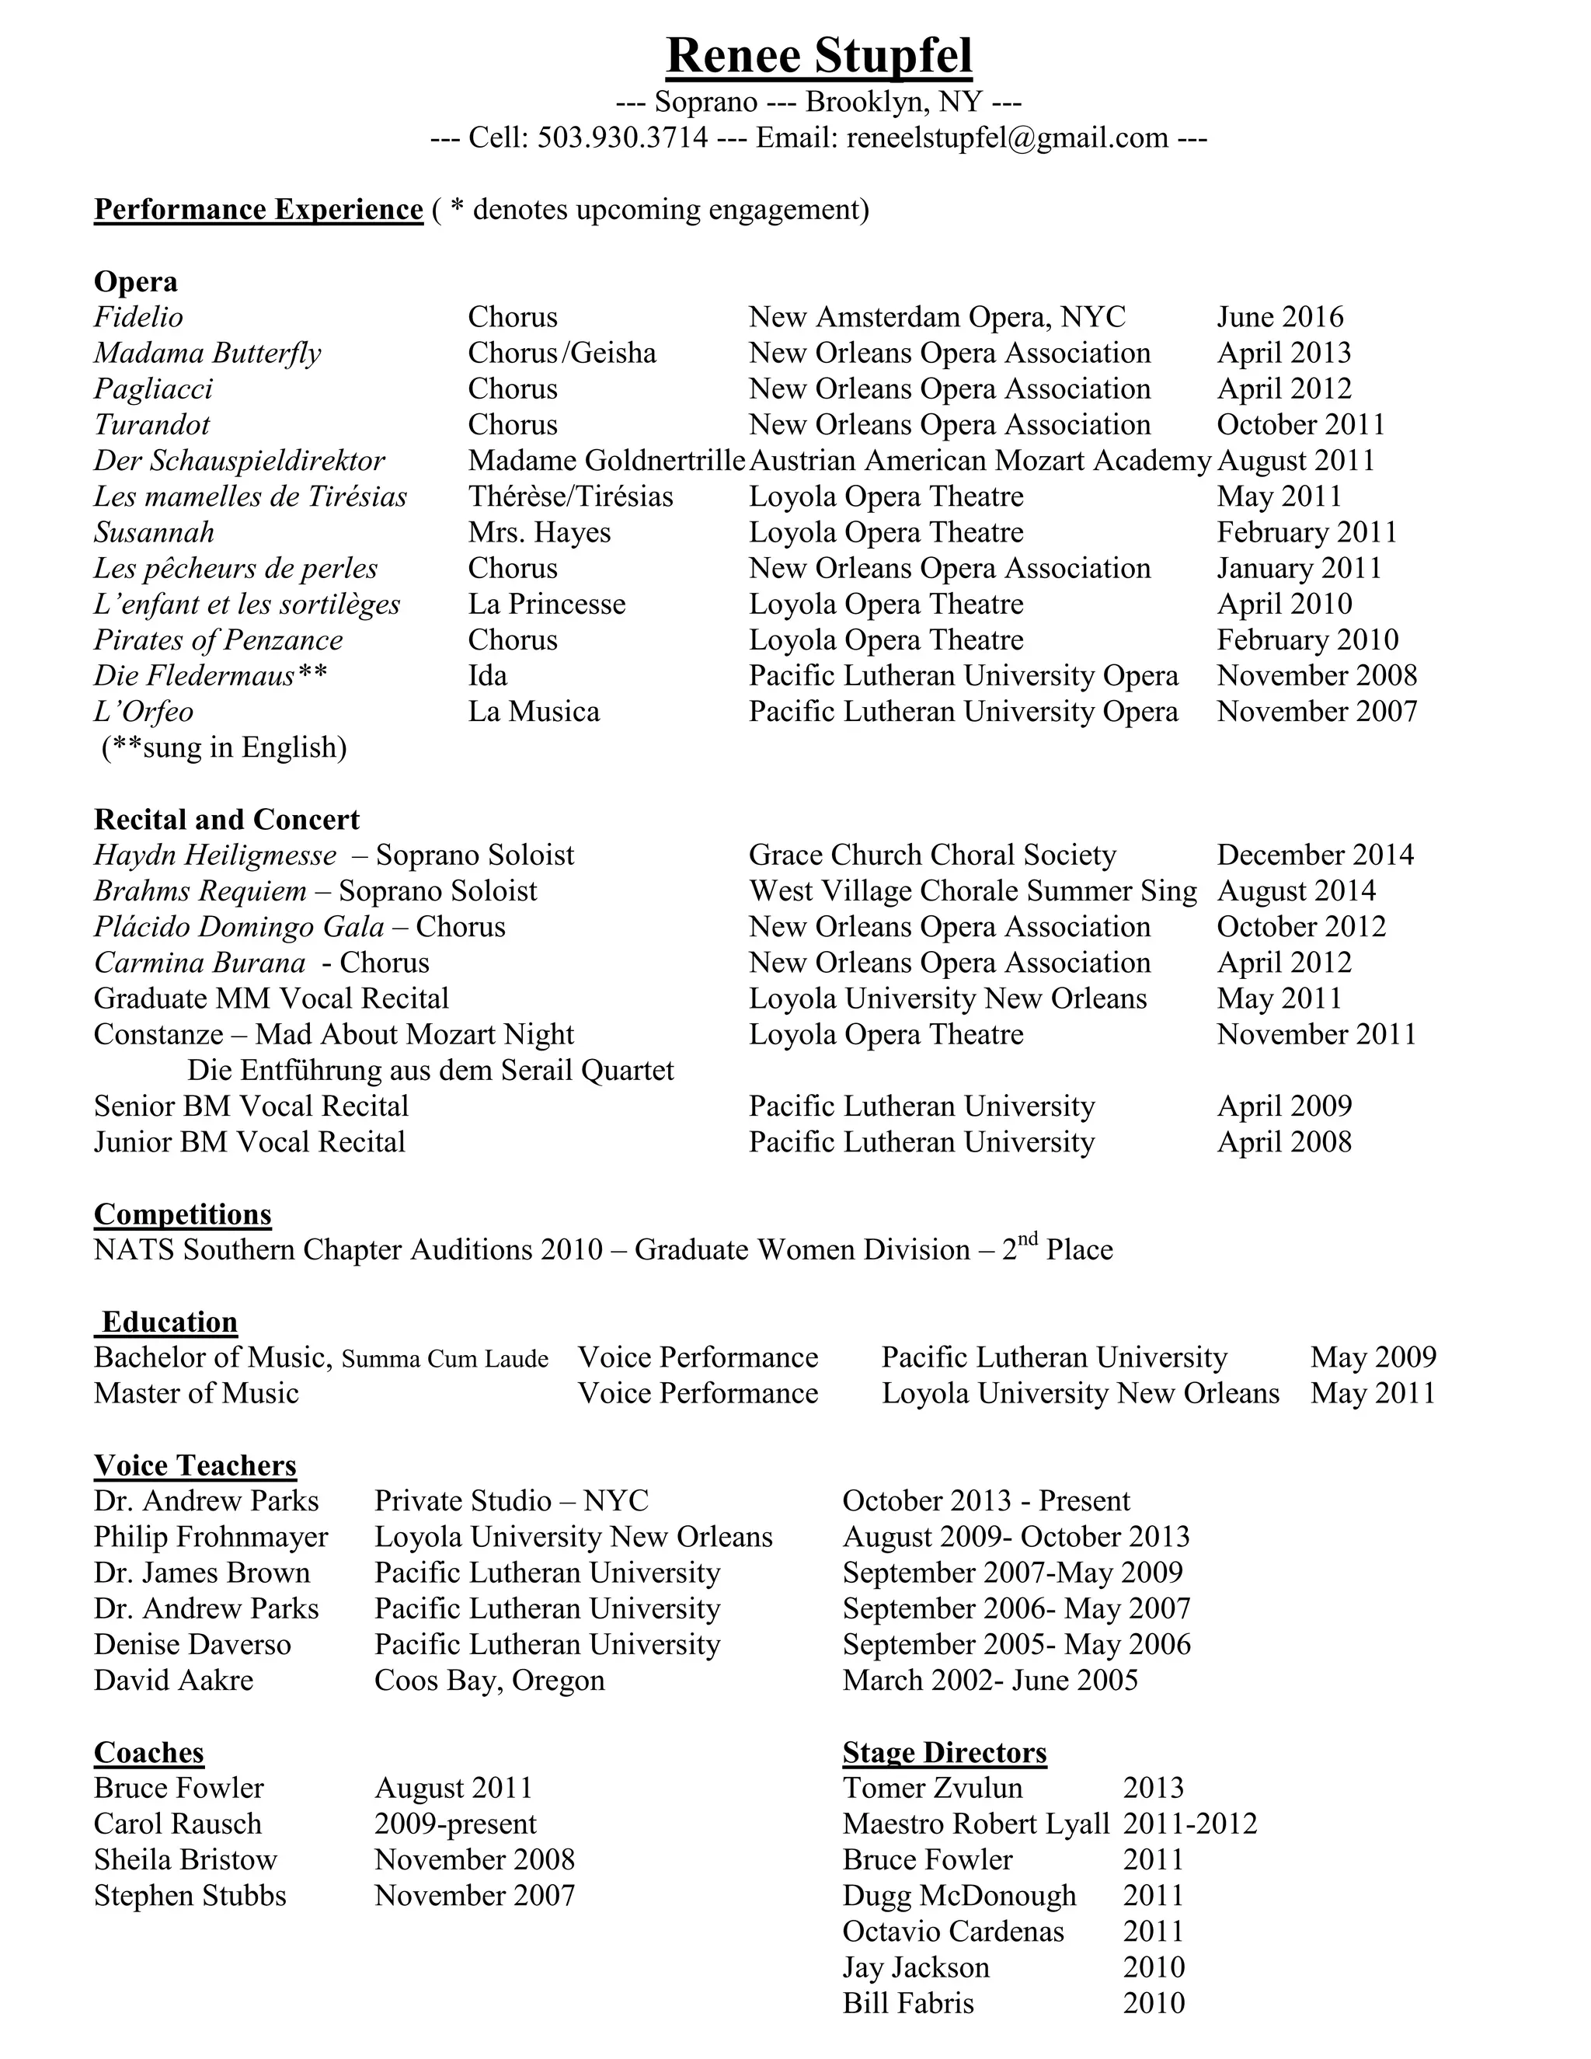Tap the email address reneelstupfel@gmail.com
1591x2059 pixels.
point(1007,138)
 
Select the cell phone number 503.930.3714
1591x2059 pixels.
point(622,138)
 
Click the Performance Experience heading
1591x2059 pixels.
point(258,209)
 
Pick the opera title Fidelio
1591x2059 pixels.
point(138,318)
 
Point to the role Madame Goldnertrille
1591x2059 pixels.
point(606,461)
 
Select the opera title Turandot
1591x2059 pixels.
point(151,425)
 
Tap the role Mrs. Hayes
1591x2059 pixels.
point(539,533)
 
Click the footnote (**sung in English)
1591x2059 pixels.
point(225,747)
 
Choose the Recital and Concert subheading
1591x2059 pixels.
point(226,819)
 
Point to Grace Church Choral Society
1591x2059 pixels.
point(931,855)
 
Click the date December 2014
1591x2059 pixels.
point(1315,855)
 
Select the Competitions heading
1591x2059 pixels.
point(182,1214)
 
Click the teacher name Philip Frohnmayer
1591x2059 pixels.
point(211,1538)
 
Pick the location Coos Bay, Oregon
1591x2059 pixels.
point(489,1681)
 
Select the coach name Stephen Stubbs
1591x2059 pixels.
point(190,1896)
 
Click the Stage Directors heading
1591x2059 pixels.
point(945,1753)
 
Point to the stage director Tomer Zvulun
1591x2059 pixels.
point(931,1789)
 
